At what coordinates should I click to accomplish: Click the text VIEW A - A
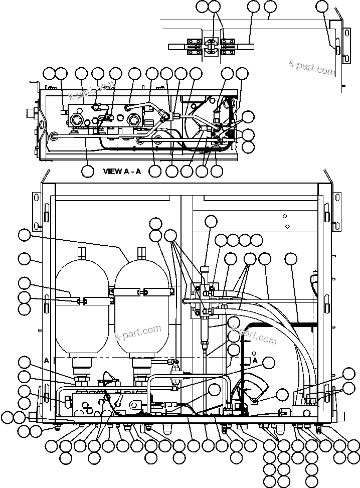click(x=122, y=171)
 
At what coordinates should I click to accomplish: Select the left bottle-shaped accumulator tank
click(x=82, y=306)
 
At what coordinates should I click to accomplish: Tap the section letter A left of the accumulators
click(x=46, y=360)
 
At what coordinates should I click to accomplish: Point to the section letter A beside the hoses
click(x=255, y=361)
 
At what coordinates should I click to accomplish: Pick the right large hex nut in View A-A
click(x=134, y=119)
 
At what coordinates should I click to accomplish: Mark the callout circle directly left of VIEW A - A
click(x=88, y=171)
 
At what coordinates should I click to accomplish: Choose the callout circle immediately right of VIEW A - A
click(x=155, y=171)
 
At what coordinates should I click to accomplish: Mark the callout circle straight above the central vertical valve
click(x=211, y=221)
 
